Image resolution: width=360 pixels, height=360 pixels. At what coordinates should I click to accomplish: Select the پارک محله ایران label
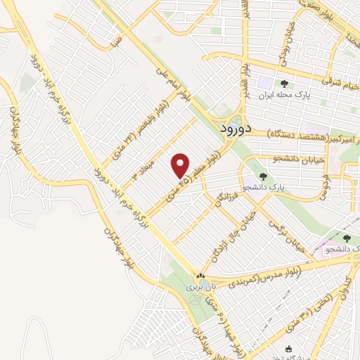tap(284, 95)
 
